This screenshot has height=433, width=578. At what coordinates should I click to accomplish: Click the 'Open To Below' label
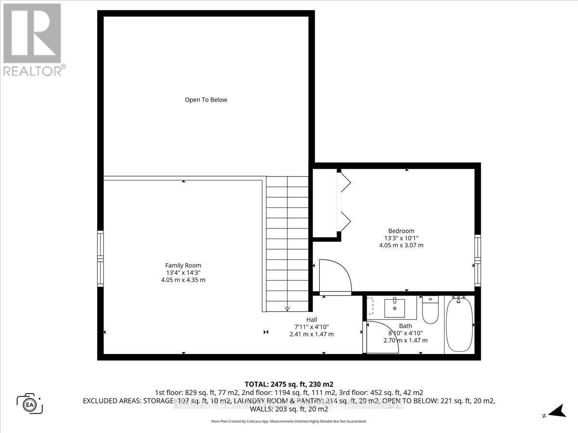pos(206,100)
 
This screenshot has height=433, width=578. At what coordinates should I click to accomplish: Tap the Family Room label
pos(183,265)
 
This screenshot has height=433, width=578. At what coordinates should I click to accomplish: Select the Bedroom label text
pos(401,230)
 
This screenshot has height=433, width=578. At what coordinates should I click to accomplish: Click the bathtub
pos(459,325)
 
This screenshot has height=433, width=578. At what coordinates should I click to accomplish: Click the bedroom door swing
pos(334,276)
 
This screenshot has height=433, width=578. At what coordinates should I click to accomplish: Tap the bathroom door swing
pos(381,337)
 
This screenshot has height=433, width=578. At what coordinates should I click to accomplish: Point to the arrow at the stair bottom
pos(287,308)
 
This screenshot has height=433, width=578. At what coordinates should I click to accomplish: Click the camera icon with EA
pos(30,403)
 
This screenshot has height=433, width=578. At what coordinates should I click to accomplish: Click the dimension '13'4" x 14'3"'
pos(183,273)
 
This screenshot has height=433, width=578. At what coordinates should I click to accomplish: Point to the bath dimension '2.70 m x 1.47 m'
pos(405,340)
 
